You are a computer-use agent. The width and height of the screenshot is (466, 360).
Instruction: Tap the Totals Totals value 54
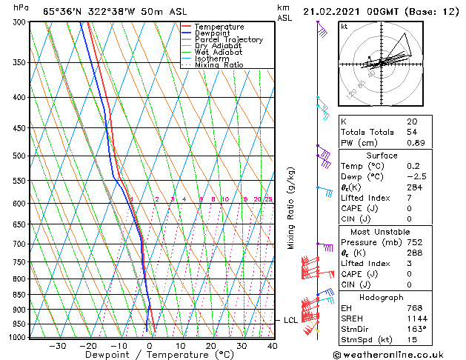point(411,132)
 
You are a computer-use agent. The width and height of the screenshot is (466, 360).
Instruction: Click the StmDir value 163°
point(416,328)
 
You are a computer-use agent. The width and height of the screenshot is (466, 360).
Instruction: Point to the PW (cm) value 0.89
point(416,143)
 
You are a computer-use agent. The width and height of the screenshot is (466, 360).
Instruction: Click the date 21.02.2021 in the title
point(339,11)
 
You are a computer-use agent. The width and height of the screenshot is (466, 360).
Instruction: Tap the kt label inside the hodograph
point(344,27)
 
